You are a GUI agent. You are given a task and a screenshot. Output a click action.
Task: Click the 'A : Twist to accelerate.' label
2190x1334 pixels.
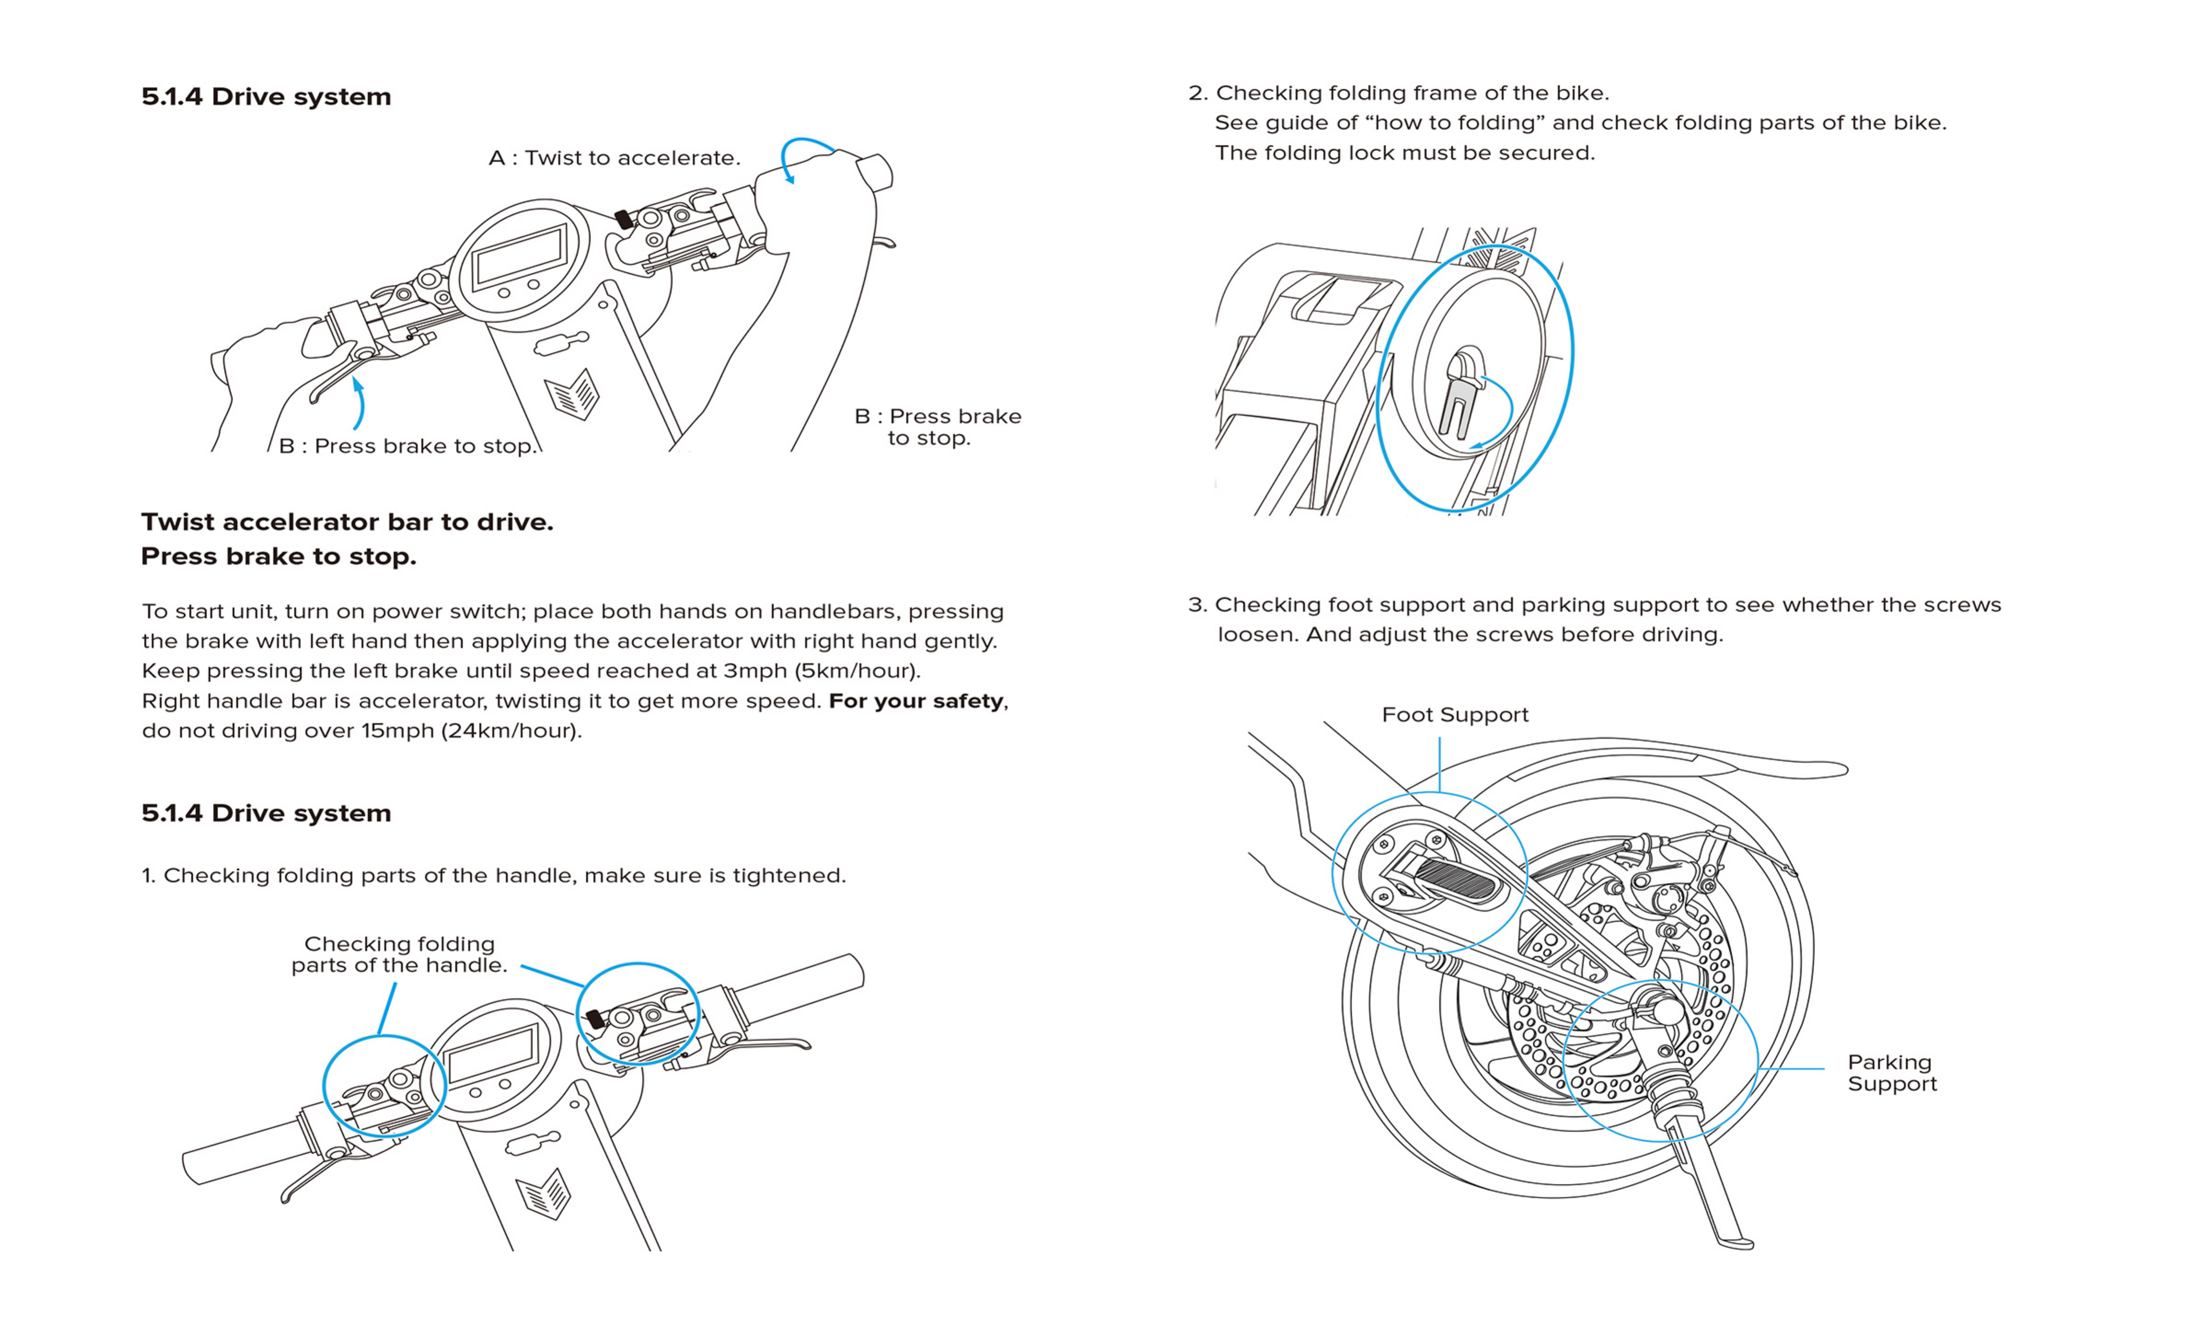[x=614, y=158]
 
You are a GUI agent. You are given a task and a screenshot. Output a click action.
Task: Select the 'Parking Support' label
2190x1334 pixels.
[x=1891, y=1073]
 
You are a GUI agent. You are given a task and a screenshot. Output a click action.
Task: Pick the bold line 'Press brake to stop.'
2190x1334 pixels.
[x=278, y=556]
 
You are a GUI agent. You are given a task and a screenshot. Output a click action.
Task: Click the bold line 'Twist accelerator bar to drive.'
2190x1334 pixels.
[x=346, y=522]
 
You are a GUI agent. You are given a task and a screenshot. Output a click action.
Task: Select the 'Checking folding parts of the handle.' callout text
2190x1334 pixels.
[x=399, y=954]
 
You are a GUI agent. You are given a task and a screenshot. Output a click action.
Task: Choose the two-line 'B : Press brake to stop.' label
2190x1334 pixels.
[x=938, y=427]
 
